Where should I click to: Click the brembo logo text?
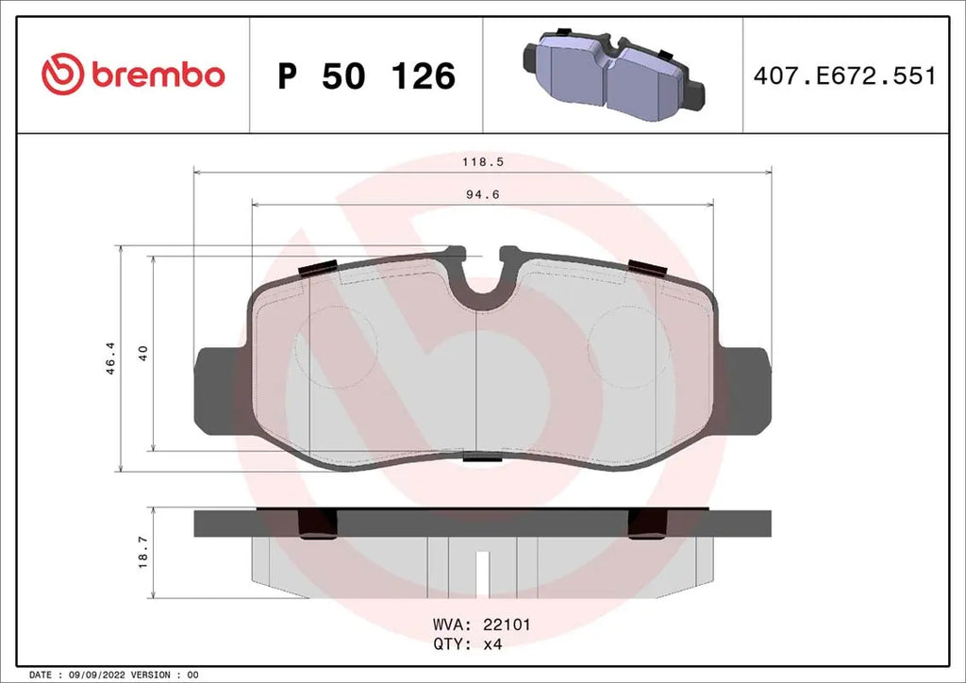[x=158, y=75]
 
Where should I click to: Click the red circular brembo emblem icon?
[x=63, y=75]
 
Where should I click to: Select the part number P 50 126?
[x=366, y=76]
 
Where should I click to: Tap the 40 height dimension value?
[x=142, y=353]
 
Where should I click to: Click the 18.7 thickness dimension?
[x=142, y=552]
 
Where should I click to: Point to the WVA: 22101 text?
[x=482, y=625]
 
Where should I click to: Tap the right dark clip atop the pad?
[x=648, y=267]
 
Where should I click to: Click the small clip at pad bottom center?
[x=483, y=459]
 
